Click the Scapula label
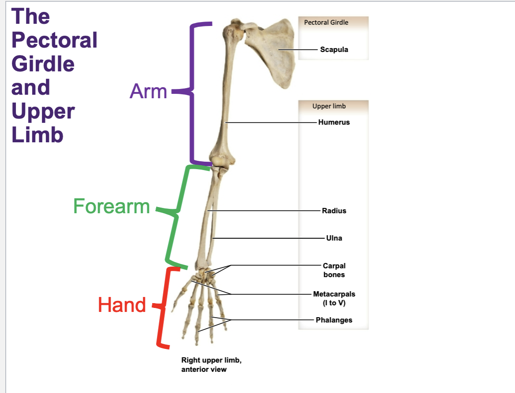point(334,49)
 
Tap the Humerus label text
point(334,122)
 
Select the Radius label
point(334,211)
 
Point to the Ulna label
point(334,238)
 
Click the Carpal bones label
point(334,270)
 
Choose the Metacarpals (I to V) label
point(334,298)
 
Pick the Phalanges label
point(334,320)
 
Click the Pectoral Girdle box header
point(326,22)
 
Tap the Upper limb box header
point(329,106)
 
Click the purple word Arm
point(148,92)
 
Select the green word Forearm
point(112,206)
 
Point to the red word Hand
point(122,305)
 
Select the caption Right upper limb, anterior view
point(211,365)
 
